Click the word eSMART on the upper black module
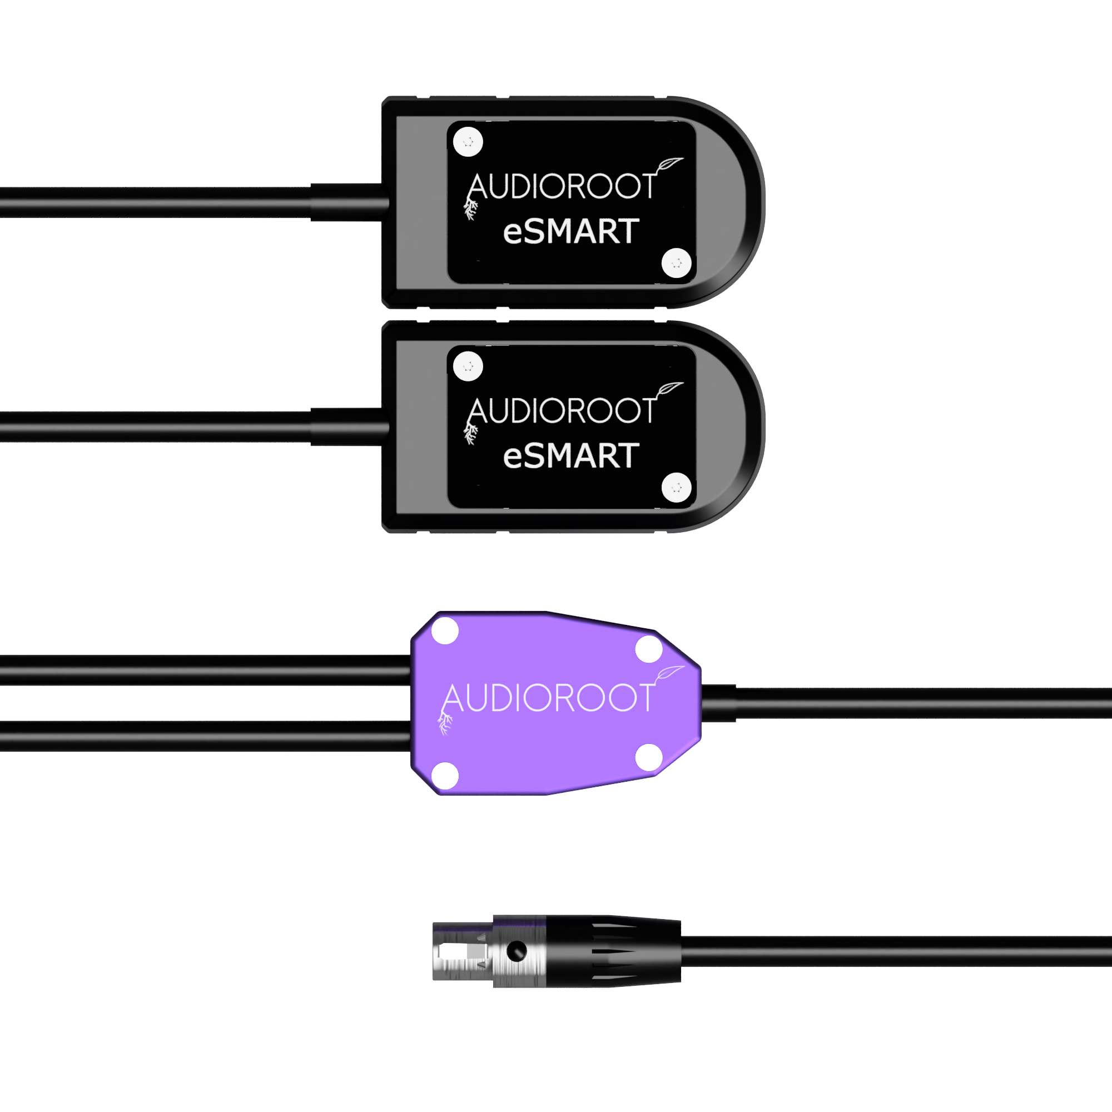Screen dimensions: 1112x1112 pyautogui.click(x=571, y=231)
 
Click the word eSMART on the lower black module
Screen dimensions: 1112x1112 pyautogui.click(x=571, y=456)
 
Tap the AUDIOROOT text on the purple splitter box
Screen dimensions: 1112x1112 pyautogui.click(x=549, y=698)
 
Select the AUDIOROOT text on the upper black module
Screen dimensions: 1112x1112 pyautogui.click(x=562, y=186)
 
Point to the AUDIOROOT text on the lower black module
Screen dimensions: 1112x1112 pyautogui.click(x=562, y=411)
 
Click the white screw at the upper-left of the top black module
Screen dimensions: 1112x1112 pyautogui.click(x=468, y=142)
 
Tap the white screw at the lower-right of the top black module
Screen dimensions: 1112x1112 pyautogui.click(x=676, y=263)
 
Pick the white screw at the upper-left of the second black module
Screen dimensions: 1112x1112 pyautogui.click(x=468, y=366)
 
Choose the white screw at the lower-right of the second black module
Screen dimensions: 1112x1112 pyautogui.click(x=676, y=488)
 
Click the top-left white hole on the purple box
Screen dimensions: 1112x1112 pyautogui.click(x=445, y=631)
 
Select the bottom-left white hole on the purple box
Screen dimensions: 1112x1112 pyautogui.click(x=445, y=775)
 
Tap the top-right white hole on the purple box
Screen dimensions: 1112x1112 pyautogui.click(x=649, y=649)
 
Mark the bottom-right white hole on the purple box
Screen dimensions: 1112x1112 pyautogui.click(x=649, y=757)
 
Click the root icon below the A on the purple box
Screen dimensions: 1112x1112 pyautogui.click(x=445, y=723)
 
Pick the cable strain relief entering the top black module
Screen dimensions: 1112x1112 pyautogui.click(x=349, y=202)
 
